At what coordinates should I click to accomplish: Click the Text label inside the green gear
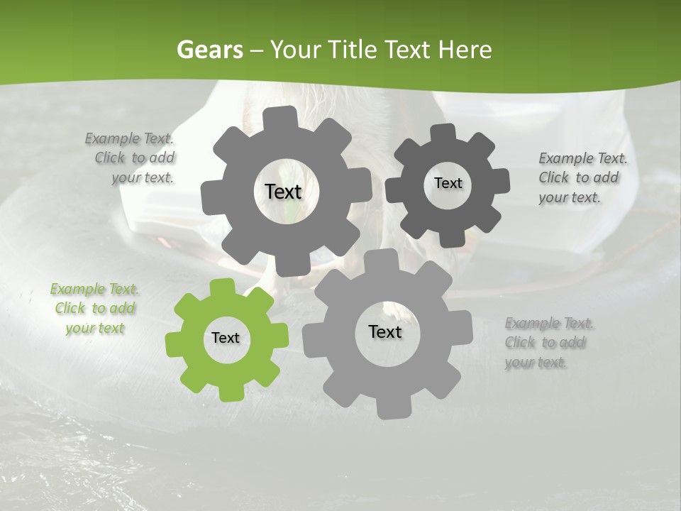(226, 338)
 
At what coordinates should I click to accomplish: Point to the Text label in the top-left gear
(283, 192)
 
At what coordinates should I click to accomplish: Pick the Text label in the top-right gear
(448, 183)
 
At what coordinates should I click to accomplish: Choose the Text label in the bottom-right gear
(385, 332)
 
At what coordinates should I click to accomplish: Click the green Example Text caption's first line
(94, 289)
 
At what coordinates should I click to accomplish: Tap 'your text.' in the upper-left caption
(143, 178)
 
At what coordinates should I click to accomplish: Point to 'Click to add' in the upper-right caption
(578, 178)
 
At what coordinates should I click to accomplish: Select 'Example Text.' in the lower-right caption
(550, 324)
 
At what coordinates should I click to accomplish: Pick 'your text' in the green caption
(94, 328)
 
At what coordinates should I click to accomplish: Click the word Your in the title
(296, 50)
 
